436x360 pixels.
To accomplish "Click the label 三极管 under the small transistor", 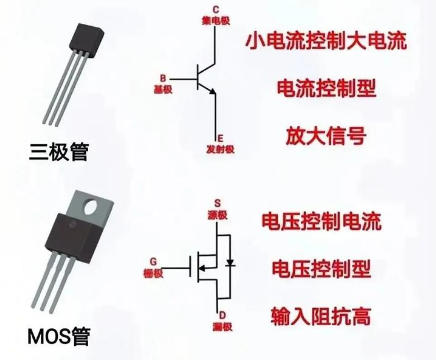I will click(x=59, y=151).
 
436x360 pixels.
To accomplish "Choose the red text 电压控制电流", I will click(x=319, y=221).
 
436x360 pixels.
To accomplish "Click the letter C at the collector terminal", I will click(x=216, y=9).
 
